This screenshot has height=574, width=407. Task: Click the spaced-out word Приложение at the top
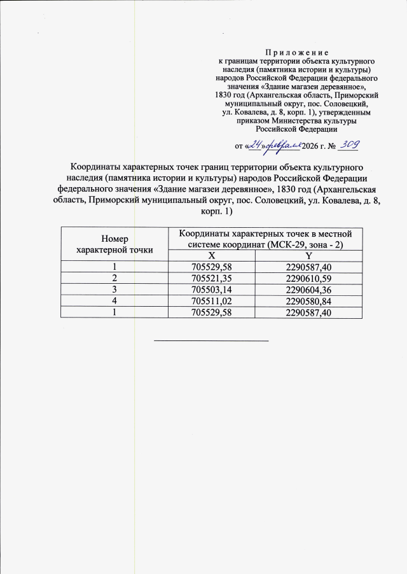[297, 52]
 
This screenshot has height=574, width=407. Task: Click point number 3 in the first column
[114, 289]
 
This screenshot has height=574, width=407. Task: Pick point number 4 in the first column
[114, 300]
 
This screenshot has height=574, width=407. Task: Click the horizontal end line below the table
[212, 340]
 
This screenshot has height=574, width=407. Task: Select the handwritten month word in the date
[282, 146]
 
